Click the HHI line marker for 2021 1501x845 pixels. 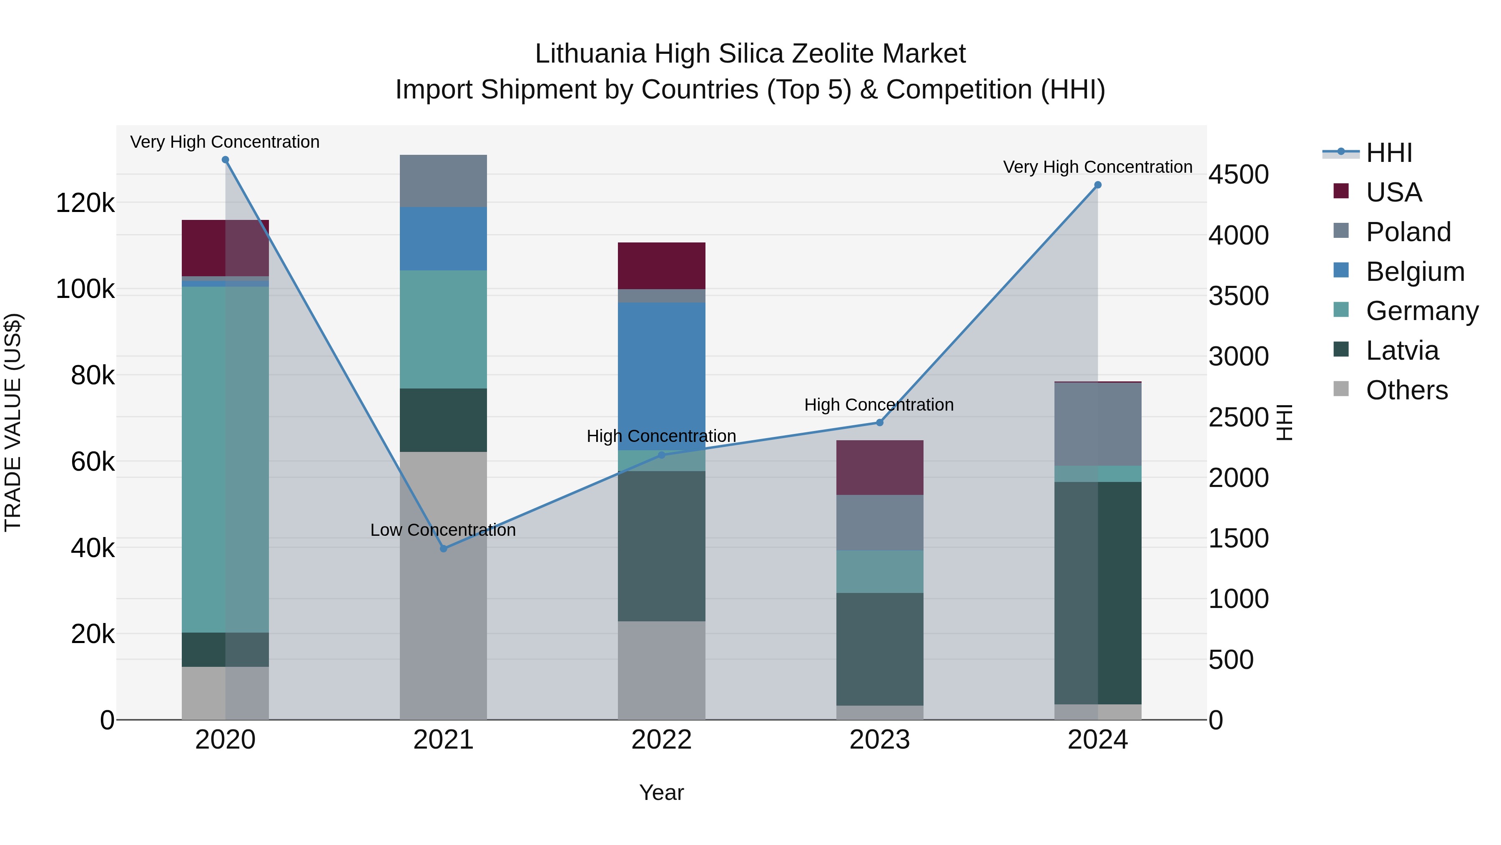[444, 549]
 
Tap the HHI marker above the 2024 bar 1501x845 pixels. [1098, 185]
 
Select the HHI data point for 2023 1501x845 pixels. [880, 423]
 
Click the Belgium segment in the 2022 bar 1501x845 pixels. [661, 376]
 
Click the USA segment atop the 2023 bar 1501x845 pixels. [880, 468]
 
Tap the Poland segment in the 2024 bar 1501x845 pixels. [1098, 424]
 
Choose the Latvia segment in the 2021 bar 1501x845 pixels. [444, 420]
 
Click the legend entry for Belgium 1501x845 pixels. [1415, 272]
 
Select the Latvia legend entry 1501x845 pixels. [1402, 351]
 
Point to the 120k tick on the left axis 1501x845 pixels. [85, 204]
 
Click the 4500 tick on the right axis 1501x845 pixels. [1238, 174]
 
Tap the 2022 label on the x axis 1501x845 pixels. [661, 739]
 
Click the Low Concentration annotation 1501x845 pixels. [443, 530]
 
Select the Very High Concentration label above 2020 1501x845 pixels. [225, 142]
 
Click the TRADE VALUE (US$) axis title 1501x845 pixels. [13, 422]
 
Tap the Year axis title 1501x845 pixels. [661, 792]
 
